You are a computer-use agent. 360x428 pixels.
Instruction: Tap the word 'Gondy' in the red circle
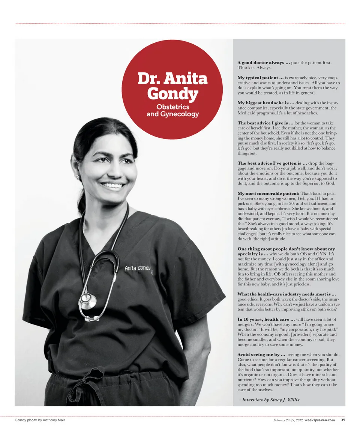click(172, 93)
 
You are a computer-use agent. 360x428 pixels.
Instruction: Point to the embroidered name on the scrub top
click(138, 269)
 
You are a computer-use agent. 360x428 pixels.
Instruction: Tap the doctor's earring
click(78, 177)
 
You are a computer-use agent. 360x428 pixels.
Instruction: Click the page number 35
click(343, 419)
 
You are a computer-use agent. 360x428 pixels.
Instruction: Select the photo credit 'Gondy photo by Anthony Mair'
click(40, 419)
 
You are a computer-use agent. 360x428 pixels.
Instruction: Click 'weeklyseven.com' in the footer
click(320, 419)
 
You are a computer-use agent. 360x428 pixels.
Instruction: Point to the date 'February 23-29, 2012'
click(287, 419)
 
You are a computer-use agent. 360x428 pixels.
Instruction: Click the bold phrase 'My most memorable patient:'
click(268, 193)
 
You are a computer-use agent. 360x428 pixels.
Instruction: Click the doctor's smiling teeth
click(112, 185)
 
